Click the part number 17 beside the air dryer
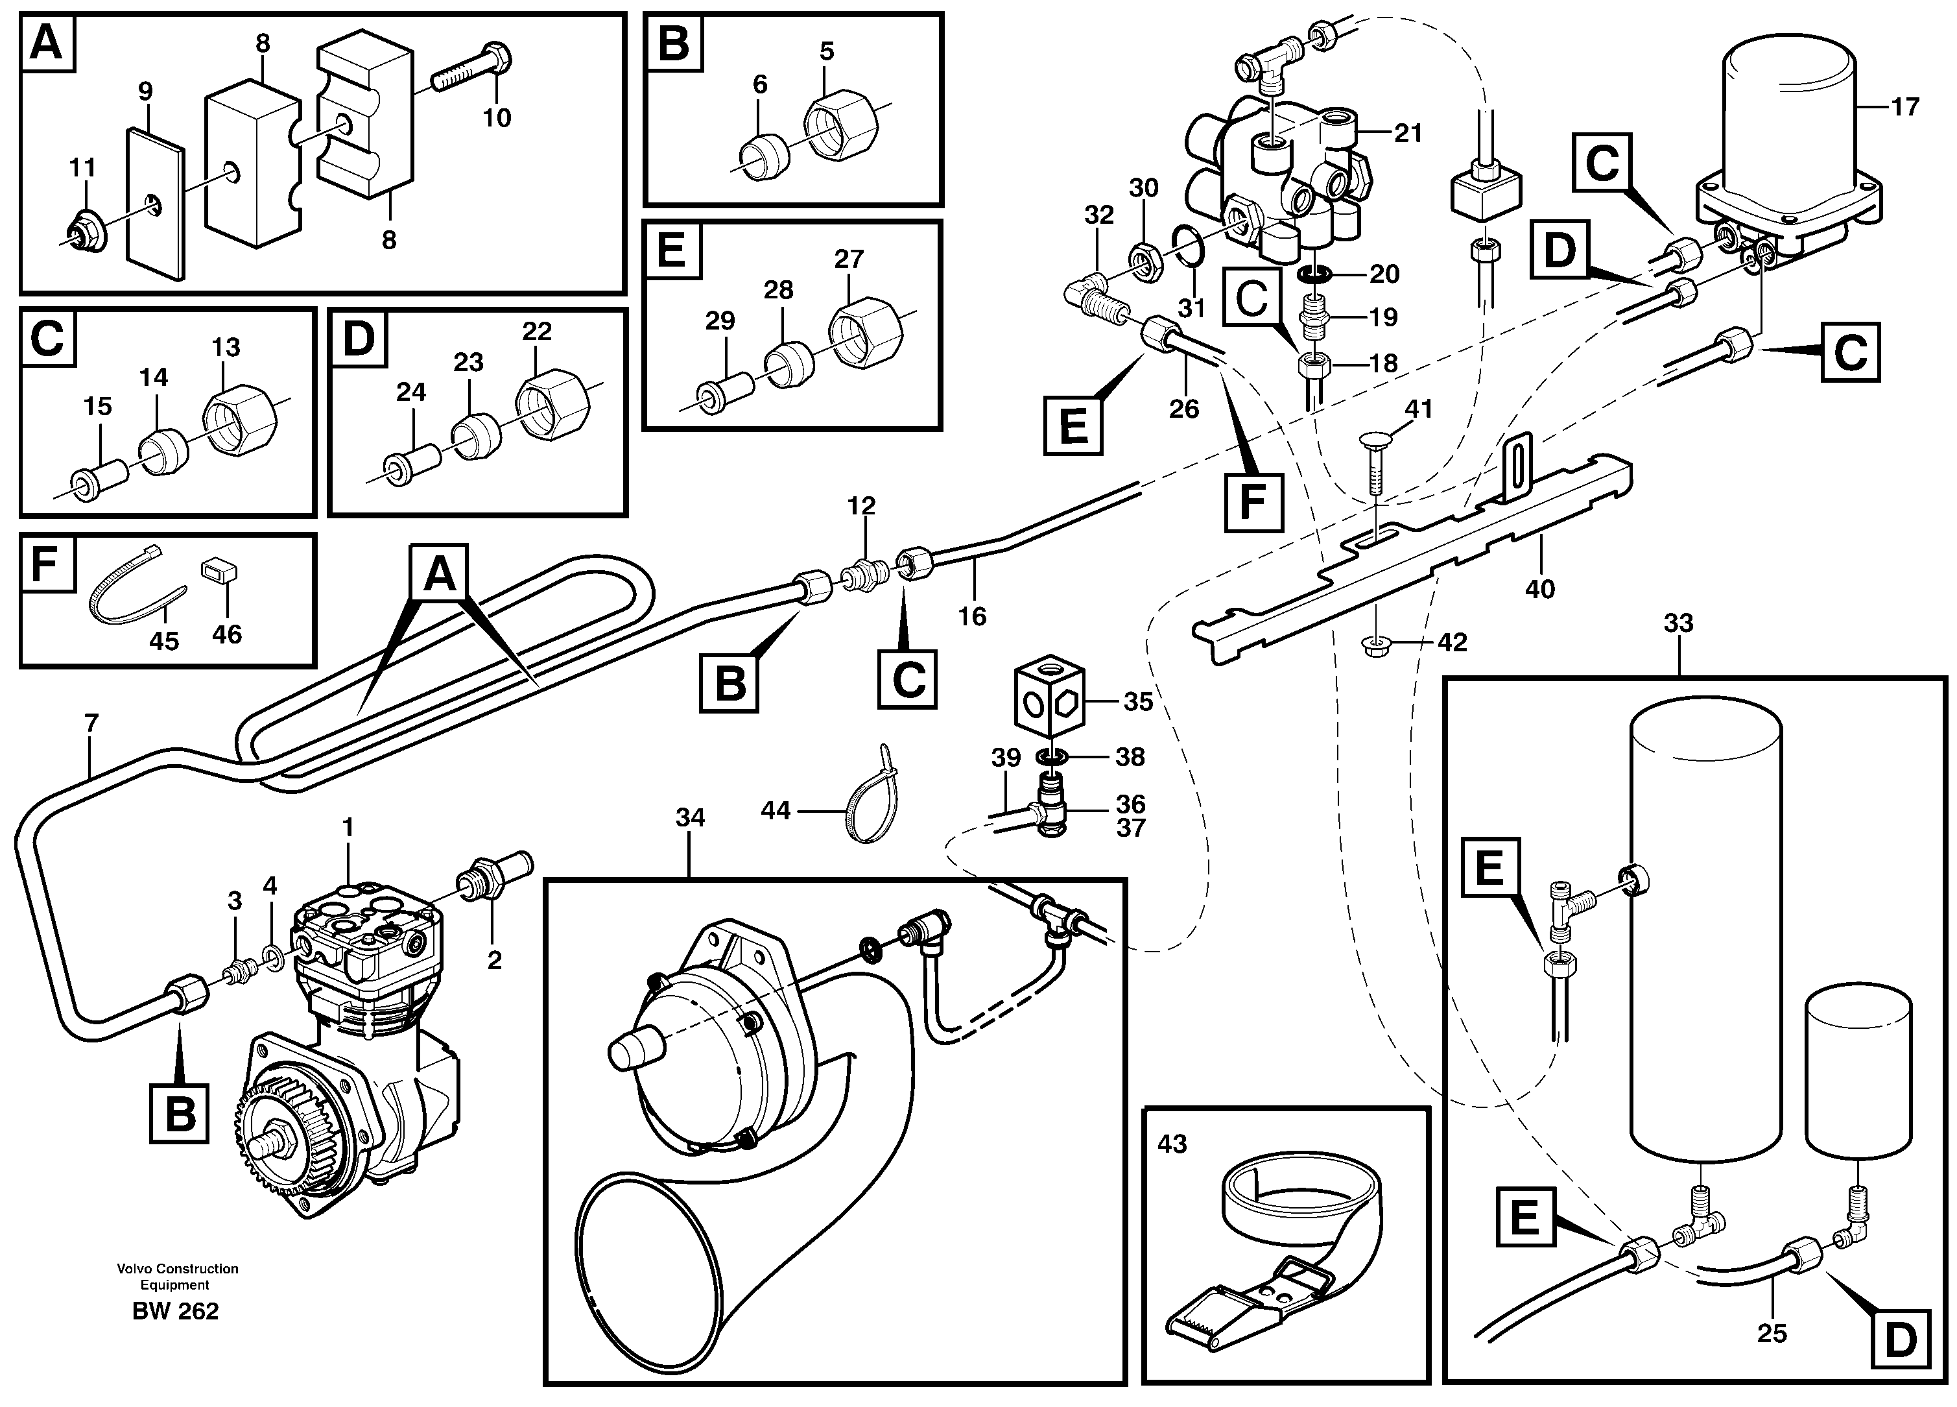tap(1904, 107)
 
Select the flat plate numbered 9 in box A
tap(156, 207)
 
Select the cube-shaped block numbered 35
tap(1046, 701)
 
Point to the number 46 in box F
tap(227, 634)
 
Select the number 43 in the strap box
tap(1172, 1144)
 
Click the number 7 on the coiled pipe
tap(91, 723)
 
